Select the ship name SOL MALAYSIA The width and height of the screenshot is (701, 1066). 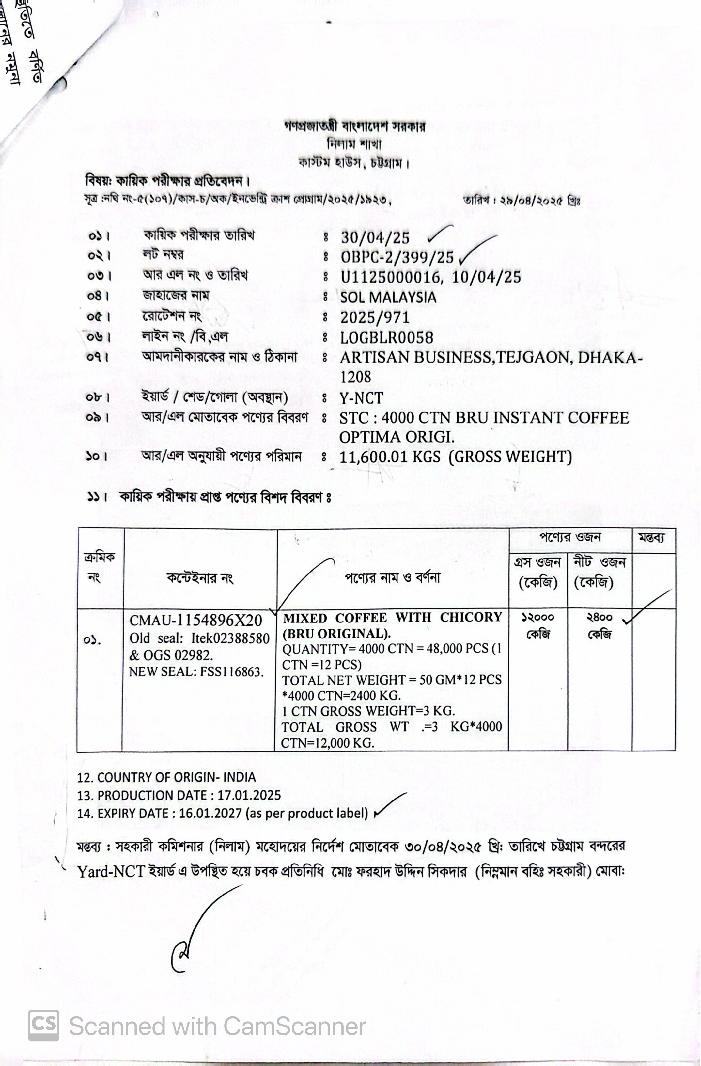(388, 298)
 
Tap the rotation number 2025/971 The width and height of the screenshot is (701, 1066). (375, 317)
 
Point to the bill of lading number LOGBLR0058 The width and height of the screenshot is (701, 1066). (386, 338)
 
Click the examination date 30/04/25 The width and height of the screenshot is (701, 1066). (375, 237)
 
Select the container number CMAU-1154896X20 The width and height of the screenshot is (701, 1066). (195, 620)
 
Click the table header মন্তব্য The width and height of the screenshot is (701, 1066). (651, 538)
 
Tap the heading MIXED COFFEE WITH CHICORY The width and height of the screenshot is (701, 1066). (392, 618)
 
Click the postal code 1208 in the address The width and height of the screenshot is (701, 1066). (355, 377)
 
